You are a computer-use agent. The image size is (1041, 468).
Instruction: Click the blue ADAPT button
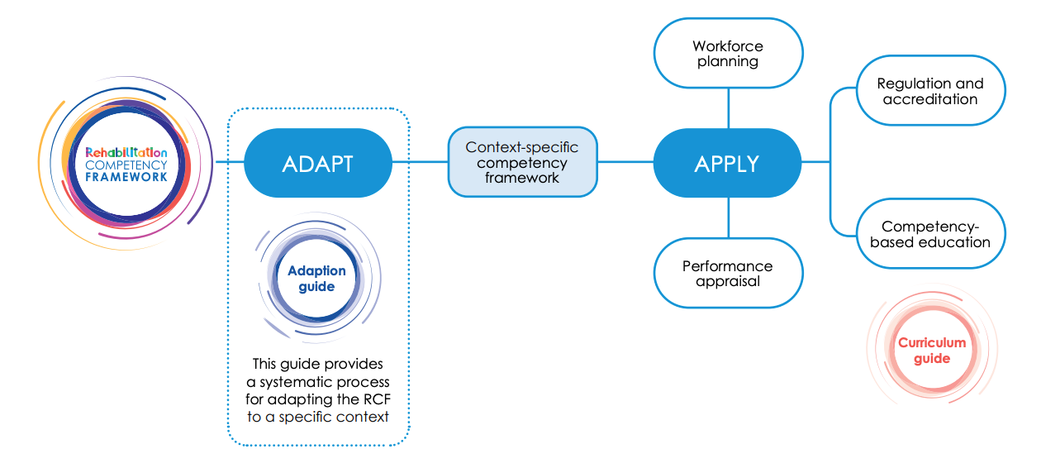pyautogui.click(x=318, y=163)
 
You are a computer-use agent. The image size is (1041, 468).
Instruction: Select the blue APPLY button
pyautogui.click(x=727, y=163)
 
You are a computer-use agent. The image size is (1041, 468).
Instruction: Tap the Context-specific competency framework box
pyautogui.click(x=522, y=162)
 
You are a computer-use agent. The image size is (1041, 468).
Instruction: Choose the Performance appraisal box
pyautogui.click(x=728, y=274)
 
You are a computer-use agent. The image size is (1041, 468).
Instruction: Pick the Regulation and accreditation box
pyautogui.click(x=930, y=91)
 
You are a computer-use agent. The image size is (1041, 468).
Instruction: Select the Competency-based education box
pyautogui.click(x=930, y=234)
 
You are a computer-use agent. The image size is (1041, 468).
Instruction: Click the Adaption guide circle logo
pyautogui.click(x=317, y=279)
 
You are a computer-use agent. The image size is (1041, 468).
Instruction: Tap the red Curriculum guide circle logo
pyautogui.click(x=932, y=351)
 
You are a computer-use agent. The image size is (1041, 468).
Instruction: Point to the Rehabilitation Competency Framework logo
pyautogui.click(x=126, y=164)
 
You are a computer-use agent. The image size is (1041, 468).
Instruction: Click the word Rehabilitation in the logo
pyautogui.click(x=126, y=152)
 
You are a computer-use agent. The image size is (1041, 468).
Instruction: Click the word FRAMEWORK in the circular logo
pyautogui.click(x=126, y=176)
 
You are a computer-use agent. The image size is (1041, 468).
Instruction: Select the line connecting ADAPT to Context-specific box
pyautogui.click(x=420, y=162)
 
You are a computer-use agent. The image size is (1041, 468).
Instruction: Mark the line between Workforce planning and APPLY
pyautogui.click(x=728, y=108)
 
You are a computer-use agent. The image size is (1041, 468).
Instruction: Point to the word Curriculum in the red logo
pyautogui.click(x=932, y=343)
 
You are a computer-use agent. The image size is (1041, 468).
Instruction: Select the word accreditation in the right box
pyautogui.click(x=930, y=99)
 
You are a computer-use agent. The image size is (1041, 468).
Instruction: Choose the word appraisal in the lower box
pyautogui.click(x=728, y=281)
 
